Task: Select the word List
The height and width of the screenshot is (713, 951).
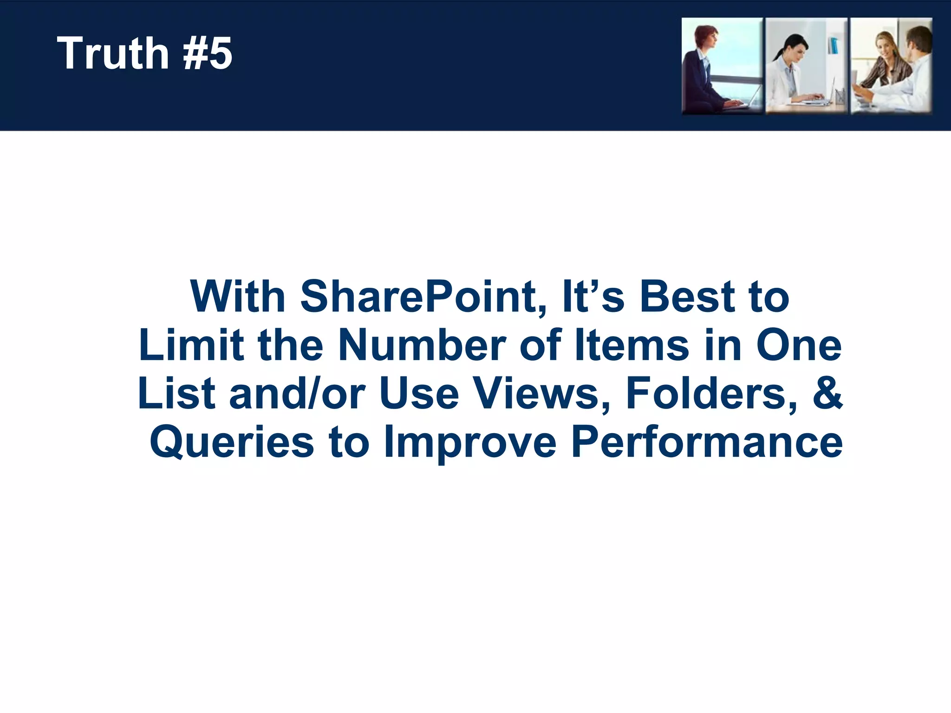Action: pyautogui.click(x=176, y=393)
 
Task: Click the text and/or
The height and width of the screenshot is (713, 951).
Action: pyautogui.click(x=297, y=393)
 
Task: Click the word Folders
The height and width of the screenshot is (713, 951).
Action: pyautogui.click(x=711, y=393)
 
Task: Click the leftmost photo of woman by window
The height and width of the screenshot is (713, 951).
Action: pyautogui.click(x=722, y=66)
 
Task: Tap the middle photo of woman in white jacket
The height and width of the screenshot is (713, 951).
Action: pyautogui.click(x=806, y=66)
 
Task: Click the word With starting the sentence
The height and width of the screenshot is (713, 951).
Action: pyautogui.click(x=237, y=297)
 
